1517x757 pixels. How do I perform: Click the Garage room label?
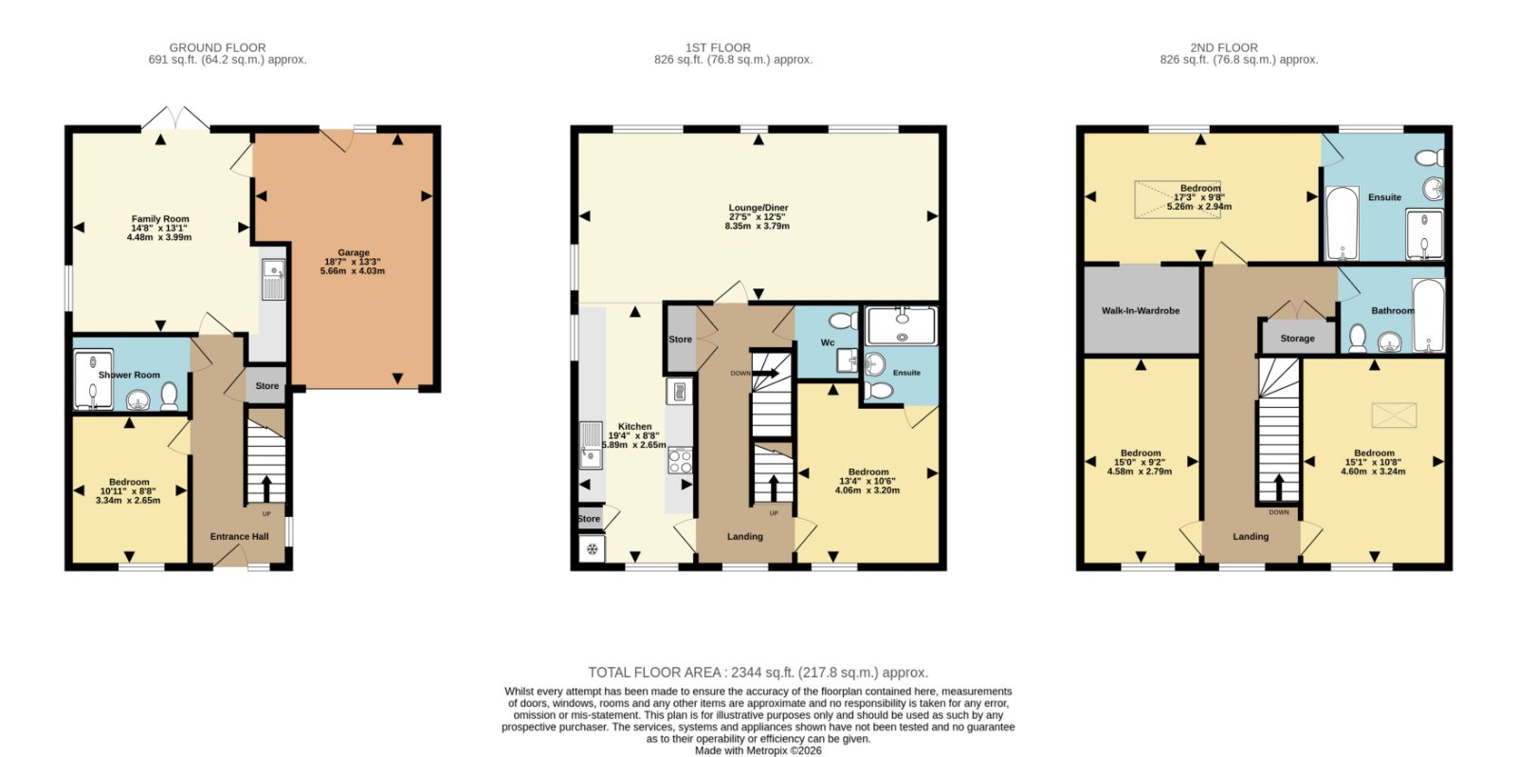(354, 252)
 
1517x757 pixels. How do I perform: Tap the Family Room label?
(160, 219)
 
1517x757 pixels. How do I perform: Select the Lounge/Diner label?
(758, 208)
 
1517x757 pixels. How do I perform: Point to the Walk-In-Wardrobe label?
(1141, 310)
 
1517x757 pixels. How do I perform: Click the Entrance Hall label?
(239, 536)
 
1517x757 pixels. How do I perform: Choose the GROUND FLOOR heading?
(217, 47)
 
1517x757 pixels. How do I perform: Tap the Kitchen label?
(634, 426)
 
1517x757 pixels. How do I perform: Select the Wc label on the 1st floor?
(828, 342)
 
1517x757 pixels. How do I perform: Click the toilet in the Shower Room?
(170, 397)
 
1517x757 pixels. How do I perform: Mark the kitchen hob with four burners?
(680, 461)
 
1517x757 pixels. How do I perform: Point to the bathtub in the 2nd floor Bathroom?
(1428, 316)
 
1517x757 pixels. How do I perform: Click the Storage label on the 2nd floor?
(1297, 338)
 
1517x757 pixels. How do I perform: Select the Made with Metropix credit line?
(758, 750)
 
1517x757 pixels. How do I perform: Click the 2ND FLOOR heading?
(1224, 47)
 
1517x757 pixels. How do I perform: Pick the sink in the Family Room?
(274, 279)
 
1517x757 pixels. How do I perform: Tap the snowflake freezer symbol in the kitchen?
(592, 549)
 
